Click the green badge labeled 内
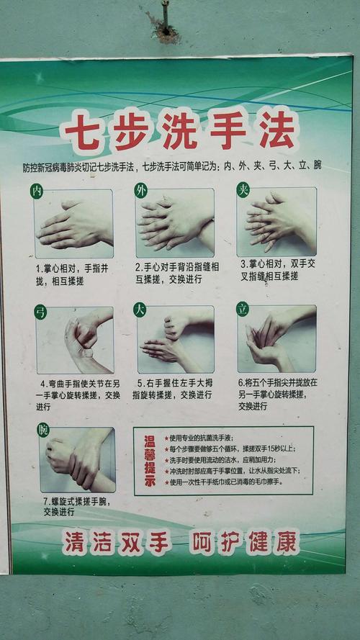[37, 191]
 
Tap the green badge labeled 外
[140, 190]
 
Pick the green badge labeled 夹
[243, 189]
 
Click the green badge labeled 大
[140, 310]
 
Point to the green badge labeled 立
[243, 309]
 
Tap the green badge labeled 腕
[44, 430]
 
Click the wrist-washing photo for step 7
[77, 460]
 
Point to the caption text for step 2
[176, 271]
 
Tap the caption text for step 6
[277, 394]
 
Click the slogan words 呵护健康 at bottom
[244, 541]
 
